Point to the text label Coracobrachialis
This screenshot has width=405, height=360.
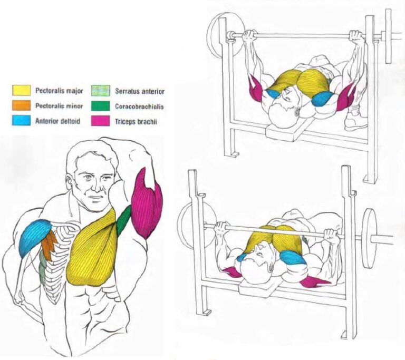coord(139,106)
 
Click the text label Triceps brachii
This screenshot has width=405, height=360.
coord(134,121)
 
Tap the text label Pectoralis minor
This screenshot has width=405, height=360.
coord(59,106)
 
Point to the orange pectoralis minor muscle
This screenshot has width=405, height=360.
coord(50,245)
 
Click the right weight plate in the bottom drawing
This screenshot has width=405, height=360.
coord(370,232)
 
